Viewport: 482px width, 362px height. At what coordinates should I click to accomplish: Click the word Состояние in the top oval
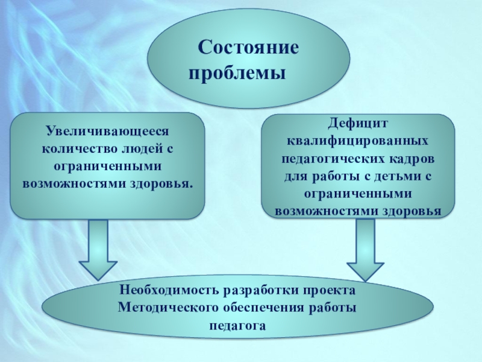(249, 48)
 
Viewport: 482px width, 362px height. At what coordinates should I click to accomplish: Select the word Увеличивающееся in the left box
(108, 130)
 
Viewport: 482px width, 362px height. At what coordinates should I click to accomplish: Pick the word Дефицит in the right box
(358, 123)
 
